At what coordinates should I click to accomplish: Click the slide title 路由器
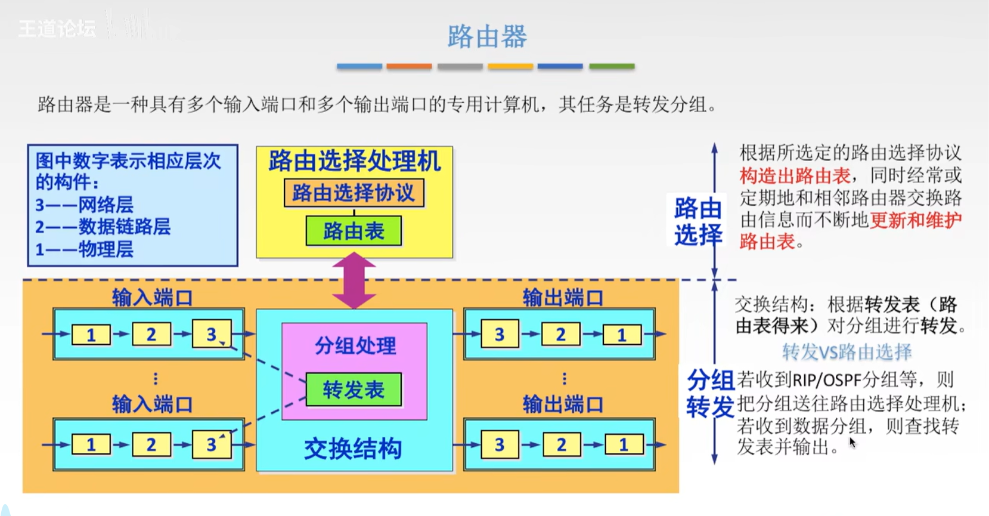click(x=487, y=36)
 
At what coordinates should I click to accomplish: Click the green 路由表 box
click(x=354, y=231)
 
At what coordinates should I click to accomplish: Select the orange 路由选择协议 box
click(x=354, y=193)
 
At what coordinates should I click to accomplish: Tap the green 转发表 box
click(x=354, y=390)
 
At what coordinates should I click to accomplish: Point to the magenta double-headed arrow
click(x=354, y=280)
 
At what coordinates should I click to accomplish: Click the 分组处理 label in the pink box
click(x=355, y=345)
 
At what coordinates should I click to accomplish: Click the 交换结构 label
click(x=353, y=449)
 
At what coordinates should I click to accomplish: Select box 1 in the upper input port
click(x=91, y=335)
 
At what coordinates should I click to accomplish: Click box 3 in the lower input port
click(x=211, y=445)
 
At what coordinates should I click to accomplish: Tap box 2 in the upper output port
click(x=560, y=335)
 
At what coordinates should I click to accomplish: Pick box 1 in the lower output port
click(x=624, y=445)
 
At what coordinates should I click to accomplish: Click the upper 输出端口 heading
click(x=563, y=297)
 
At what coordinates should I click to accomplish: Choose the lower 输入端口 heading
click(x=152, y=404)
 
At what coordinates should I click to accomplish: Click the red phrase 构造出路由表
click(x=795, y=176)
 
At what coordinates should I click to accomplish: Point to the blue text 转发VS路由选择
click(x=847, y=352)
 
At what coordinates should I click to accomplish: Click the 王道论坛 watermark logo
click(x=57, y=28)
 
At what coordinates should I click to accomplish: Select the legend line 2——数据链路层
click(x=103, y=227)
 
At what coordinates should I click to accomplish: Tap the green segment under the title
click(x=612, y=66)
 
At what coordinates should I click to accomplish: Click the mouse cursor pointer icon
click(x=852, y=443)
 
